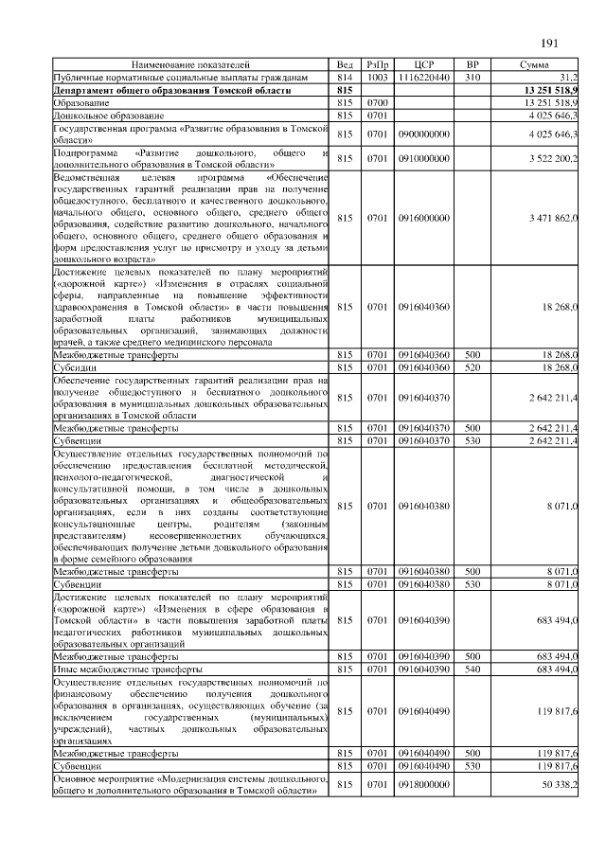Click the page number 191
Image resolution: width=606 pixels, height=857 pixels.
tap(550, 44)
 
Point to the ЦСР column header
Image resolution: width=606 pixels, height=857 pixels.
tap(423, 65)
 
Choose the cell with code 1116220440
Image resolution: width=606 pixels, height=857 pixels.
tap(423, 77)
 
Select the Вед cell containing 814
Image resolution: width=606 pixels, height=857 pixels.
tap(345, 77)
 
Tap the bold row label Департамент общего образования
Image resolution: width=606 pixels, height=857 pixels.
tap(171, 89)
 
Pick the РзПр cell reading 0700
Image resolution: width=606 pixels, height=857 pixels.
tap(378, 100)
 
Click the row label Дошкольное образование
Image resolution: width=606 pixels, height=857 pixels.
tap(103, 113)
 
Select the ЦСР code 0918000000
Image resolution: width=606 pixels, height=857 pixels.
tap(423, 786)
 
